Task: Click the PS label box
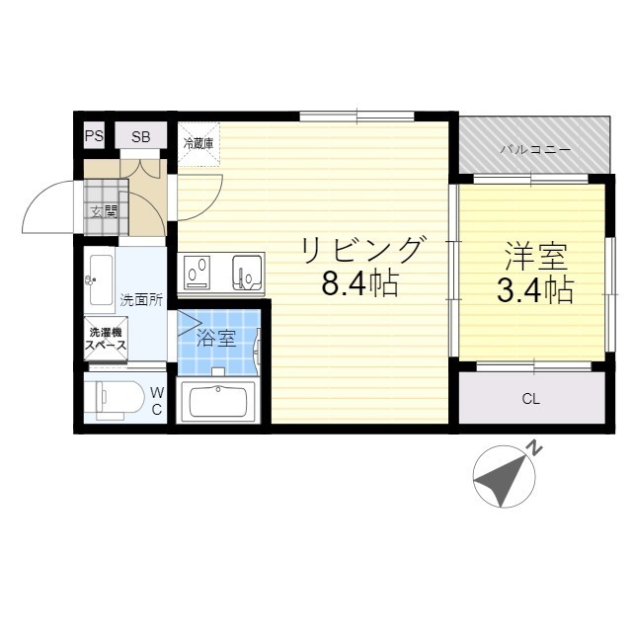[x=93, y=137]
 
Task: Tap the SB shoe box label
[x=141, y=137]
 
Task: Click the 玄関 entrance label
[x=103, y=210]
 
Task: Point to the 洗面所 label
[x=141, y=299]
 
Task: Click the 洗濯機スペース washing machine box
[x=105, y=340]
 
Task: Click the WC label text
[x=157, y=401]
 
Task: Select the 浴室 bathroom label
[x=216, y=339]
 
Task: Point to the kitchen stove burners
[x=198, y=271]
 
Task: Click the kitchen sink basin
[x=246, y=270]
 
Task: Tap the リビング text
[x=362, y=250]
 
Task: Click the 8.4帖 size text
[x=360, y=286]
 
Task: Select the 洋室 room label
[x=534, y=258]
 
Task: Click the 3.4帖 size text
[x=534, y=290]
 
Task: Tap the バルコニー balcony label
[x=533, y=150]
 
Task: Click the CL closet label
[x=531, y=400]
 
